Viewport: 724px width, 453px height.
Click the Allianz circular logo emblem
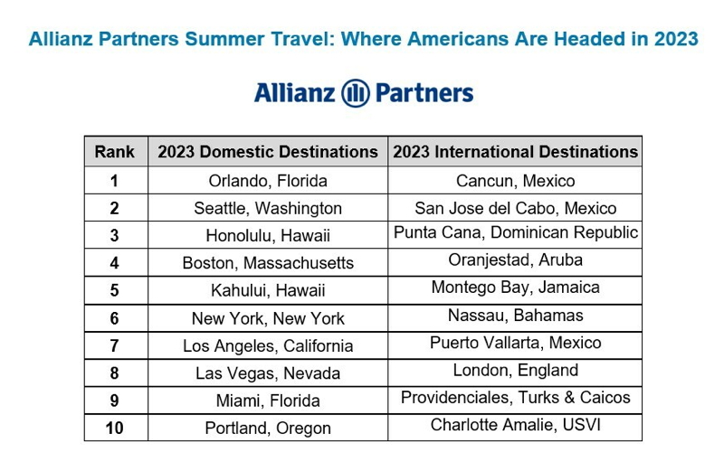[355, 93]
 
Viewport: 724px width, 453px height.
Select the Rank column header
[115, 152]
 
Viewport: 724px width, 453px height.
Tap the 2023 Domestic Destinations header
[268, 152]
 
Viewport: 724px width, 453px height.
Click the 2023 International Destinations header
[515, 152]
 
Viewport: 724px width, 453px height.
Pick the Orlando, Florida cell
[268, 181]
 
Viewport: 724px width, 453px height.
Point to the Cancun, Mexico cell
[515, 181]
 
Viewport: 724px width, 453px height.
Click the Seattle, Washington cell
[268, 209]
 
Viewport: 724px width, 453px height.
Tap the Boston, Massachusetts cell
[268, 263]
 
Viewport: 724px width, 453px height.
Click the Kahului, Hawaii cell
[268, 290]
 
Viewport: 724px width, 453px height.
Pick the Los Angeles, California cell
[268, 346]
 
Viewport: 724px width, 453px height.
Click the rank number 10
[115, 429]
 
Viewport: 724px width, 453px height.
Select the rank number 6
[115, 318]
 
